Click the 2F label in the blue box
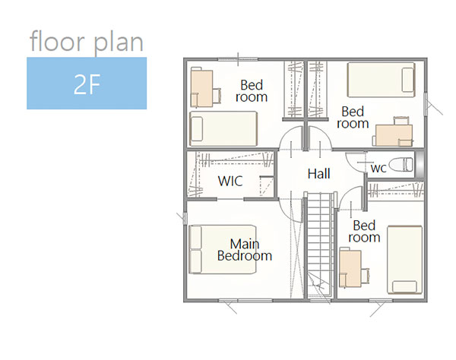pos(87,84)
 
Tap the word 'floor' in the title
pos(57,41)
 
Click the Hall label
pos(318,174)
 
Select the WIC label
pos(230,181)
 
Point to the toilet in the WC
pos(401,165)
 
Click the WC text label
pos(378,168)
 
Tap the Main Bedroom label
pos(245,250)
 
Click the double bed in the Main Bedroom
pos(223,249)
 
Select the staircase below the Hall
pos(320,245)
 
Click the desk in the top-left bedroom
pos(201,87)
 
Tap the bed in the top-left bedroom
pos(223,128)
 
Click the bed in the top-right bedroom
pos(381,80)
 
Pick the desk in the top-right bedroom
pos(394,135)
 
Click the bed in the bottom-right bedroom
pos(404,260)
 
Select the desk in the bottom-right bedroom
pos(350,267)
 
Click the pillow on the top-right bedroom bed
pos(407,80)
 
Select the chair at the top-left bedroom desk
pos(217,96)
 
